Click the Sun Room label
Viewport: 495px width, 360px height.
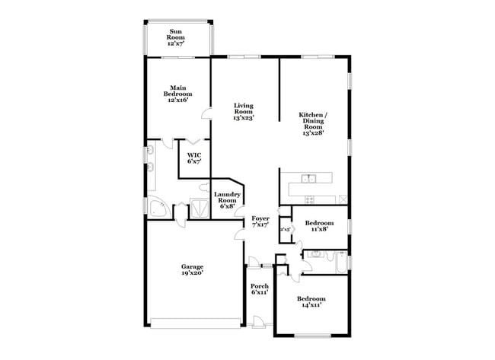pos(176,38)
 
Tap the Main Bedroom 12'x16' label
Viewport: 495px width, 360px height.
pos(177,93)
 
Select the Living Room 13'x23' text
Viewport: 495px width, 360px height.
pos(243,112)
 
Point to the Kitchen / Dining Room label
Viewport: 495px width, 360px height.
pos(313,123)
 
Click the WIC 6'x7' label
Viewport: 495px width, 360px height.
pos(194,158)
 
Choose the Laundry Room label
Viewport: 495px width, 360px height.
pos(228,200)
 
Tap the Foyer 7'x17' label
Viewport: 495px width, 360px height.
pos(260,221)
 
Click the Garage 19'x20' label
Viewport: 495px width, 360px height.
pos(192,269)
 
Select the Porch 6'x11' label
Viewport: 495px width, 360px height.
pos(260,288)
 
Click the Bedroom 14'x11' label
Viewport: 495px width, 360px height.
pos(311,301)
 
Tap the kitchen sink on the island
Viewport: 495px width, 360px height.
pos(308,179)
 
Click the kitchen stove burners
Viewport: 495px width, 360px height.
pos(309,199)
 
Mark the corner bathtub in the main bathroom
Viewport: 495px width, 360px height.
pos(157,210)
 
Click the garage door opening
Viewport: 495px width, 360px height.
pos(195,320)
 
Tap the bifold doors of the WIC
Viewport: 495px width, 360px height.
pos(195,142)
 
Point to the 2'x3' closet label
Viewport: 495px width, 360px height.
pos(286,229)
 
